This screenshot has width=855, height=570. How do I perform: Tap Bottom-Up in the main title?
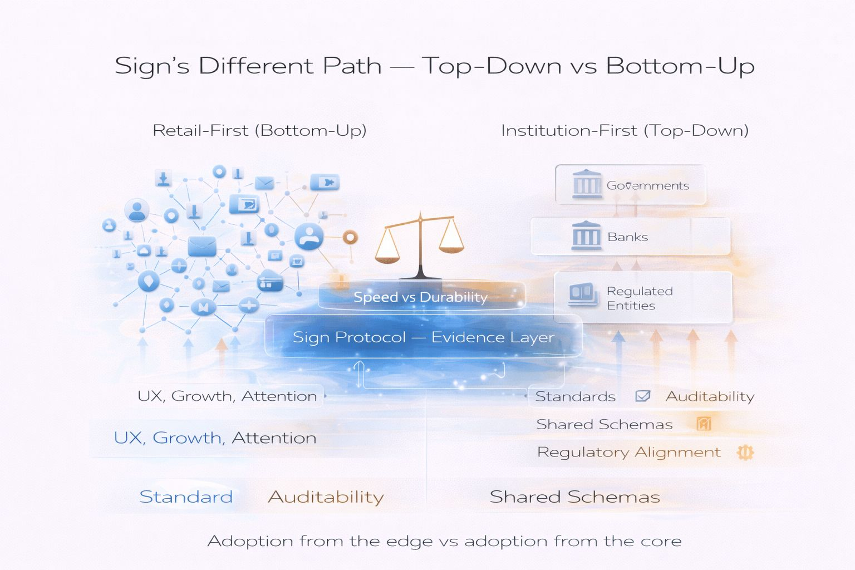pyautogui.click(x=680, y=66)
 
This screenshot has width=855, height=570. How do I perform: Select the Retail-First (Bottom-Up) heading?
pyautogui.click(x=259, y=131)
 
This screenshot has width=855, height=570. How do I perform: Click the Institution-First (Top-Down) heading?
pyautogui.click(x=625, y=131)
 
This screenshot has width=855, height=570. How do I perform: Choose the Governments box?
pyautogui.click(x=631, y=185)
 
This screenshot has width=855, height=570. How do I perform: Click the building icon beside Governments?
pyautogui.click(x=587, y=184)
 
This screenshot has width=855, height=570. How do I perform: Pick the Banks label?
pyautogui.click(x=627, y=237)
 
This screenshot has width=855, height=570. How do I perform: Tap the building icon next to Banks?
pyautogui.click(x=586, y=235)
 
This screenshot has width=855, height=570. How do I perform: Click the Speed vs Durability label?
pyautogui.click(x=420, y=297)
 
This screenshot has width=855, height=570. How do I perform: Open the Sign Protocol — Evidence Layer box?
pyautogui.click(x=423, y=337)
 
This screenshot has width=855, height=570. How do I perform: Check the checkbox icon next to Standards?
pyautogui.click(x=642, y=396)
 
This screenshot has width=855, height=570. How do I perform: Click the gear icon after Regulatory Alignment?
pyautogui.click(x=745, y=453)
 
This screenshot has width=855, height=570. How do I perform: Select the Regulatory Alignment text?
pyautogui.click(x=628, y=453)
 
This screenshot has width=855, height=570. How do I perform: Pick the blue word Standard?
pyautogui.click(x=186, y=497)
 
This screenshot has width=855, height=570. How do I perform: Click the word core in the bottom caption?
pyautogui.click(x=661, y=541)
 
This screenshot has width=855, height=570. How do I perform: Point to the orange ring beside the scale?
pyautogui.click(x=350, y=238)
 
